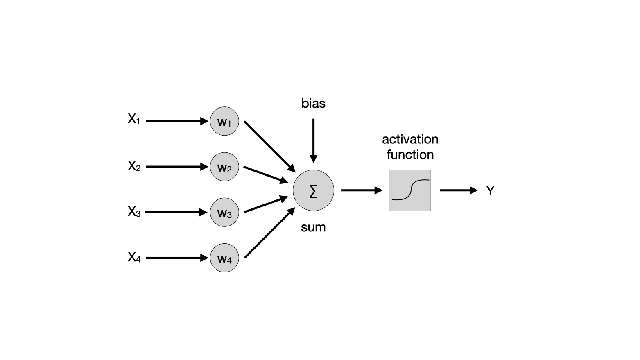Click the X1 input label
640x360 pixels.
(134, 119)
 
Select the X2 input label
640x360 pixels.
(134, 166)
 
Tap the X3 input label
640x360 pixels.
(134, 212)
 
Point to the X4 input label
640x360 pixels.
(134, 257)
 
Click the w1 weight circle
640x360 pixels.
(224, 121)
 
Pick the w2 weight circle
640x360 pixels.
(224, 167)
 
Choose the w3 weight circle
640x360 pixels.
(224, 213)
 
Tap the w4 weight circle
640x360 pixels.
(224, 258)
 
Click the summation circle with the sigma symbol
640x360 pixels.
(313, 190)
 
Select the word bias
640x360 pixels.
(313, 103)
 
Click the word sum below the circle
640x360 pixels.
(313, 227)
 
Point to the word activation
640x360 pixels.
(410, 139)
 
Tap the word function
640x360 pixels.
(410, 155)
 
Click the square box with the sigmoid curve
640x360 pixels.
(410, 190)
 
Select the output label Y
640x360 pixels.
(490, 190)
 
